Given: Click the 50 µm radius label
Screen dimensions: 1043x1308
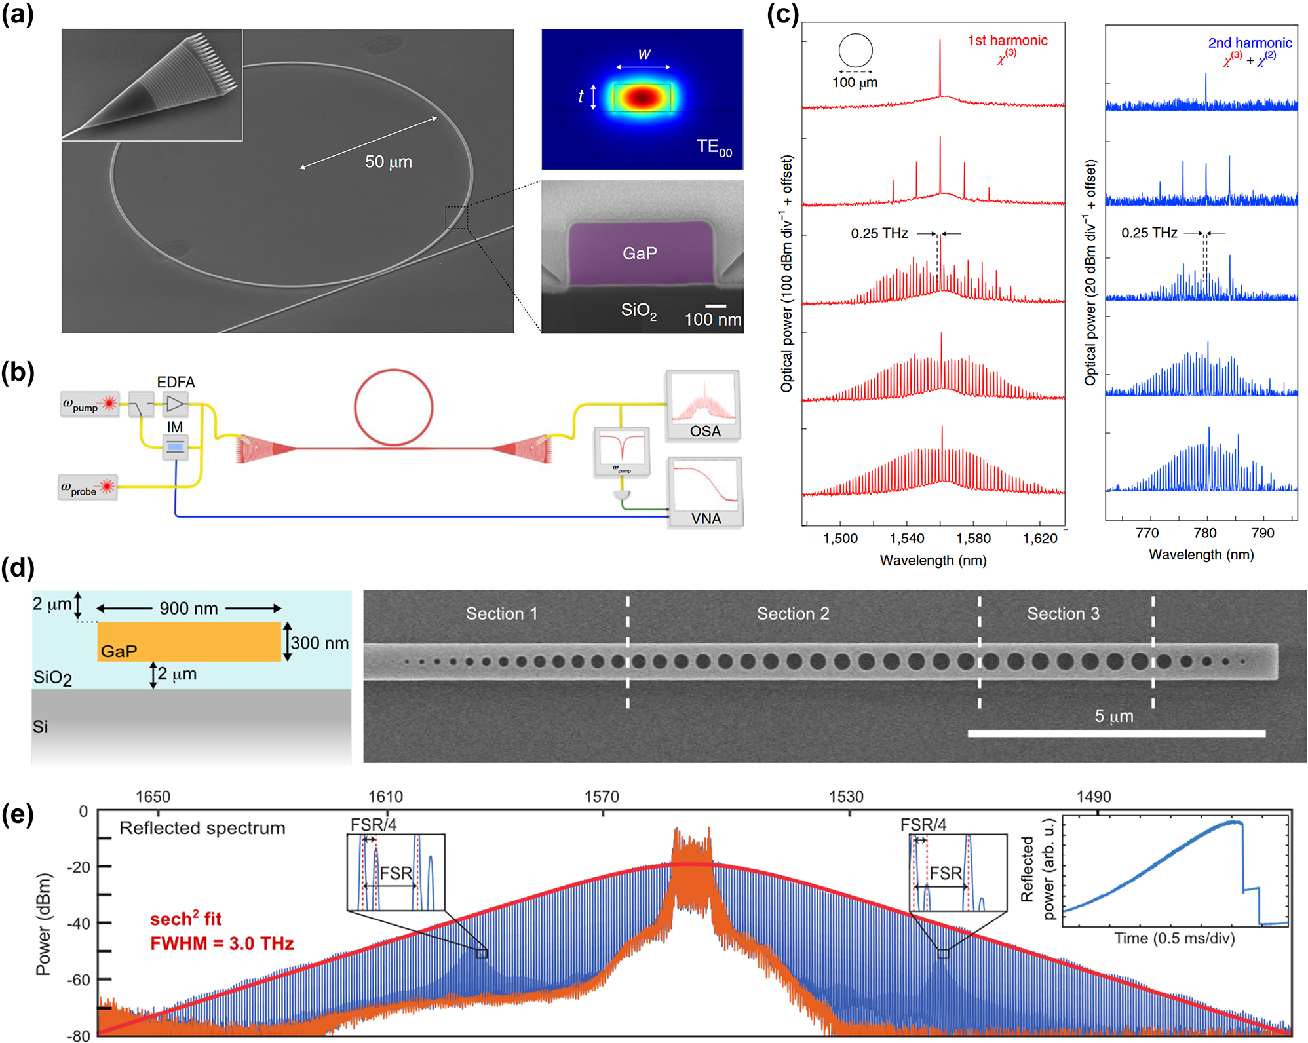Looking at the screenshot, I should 388,162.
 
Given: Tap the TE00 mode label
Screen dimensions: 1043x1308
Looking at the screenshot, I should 714,147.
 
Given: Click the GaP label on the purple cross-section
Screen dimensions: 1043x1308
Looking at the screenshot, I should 639,254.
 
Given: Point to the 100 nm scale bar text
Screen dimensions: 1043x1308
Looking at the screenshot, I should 712,320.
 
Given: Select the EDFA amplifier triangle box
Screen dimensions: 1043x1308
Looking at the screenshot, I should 175,404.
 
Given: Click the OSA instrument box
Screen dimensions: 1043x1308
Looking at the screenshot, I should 704,407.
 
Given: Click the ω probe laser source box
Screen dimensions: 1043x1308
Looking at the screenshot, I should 88,487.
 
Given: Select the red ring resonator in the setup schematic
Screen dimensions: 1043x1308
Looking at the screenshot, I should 393,408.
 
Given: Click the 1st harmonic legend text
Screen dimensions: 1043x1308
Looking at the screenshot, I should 1007,41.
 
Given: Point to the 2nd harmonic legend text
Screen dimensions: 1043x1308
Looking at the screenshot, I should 1249,43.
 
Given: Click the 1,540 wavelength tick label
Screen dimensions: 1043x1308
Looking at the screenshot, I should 906,539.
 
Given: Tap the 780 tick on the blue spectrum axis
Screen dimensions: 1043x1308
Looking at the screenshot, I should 1204,533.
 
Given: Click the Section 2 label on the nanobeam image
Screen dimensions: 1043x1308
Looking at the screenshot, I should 792,614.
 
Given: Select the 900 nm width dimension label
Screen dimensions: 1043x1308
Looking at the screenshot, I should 189,609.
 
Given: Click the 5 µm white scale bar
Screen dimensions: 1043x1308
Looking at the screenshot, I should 1116,733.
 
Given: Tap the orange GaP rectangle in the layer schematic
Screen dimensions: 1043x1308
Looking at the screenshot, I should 189,641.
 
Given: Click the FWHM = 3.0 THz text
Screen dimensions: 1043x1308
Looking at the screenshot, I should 221,943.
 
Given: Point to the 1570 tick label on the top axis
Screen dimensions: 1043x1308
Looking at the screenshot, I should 601,797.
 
